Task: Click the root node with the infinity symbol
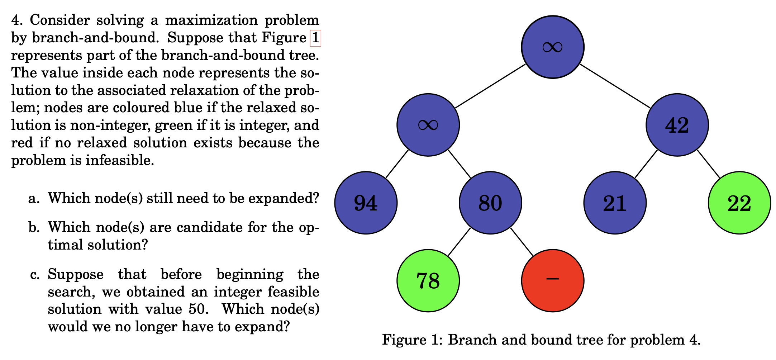pyautogui.click(x=552, y=47)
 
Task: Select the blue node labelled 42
pyautogui.click(x=677, y=125)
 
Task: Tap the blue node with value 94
pyautogui.click(x=366, y=203)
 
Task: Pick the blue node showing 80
pyautogui.click(x=490, y=203)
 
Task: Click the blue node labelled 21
pyautogui.click(x=615, y=203)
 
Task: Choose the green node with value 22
pyautogui.click(x=739, y=203)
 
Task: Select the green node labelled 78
pyautogui.click(x=428, y=280)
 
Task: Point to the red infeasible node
pyautogui.click(x=552, y=280)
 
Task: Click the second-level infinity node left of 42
pyautogui.click(x=428, y=125)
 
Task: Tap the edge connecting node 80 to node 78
pyautogui.click(x=459, y=242)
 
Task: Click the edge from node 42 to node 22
pyautogui.click(x=708, y=164)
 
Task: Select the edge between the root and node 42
pyautogui.click(x=615, y=86)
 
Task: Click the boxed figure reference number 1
pyautogui.click(x=315, y=38)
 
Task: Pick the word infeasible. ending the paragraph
pyautogui.click(x=120, y=160)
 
